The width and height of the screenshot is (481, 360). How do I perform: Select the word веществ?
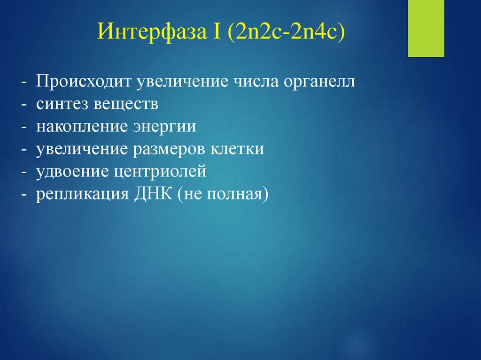point(127,104)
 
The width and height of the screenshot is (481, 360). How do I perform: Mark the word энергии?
point(162,127)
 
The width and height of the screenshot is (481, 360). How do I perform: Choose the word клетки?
point(239,149)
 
